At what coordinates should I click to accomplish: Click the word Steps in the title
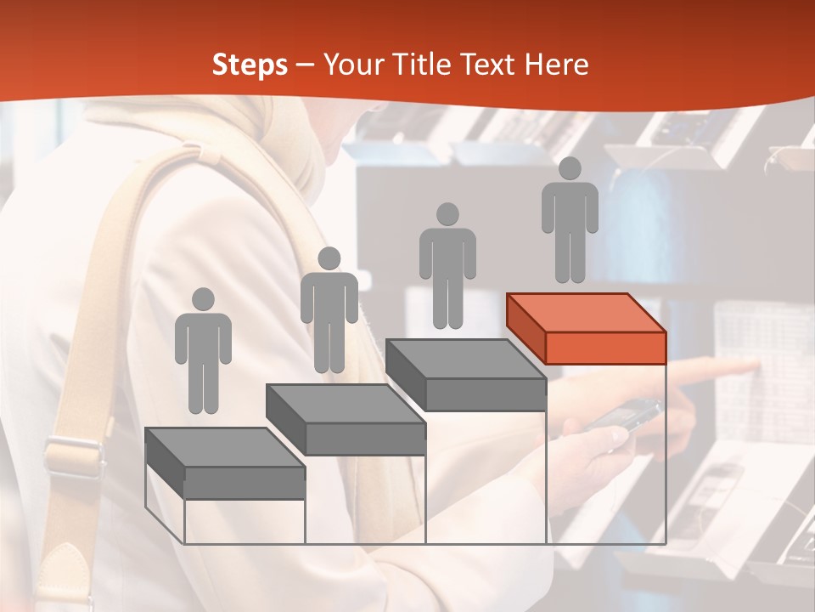[250, 65]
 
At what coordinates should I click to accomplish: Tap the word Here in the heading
[555, 65]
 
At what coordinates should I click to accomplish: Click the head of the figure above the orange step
[570, 168]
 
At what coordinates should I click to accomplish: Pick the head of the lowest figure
[203, 299]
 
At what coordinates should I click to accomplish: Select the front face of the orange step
[605, 348]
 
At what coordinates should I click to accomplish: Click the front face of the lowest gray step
[244, 482]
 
